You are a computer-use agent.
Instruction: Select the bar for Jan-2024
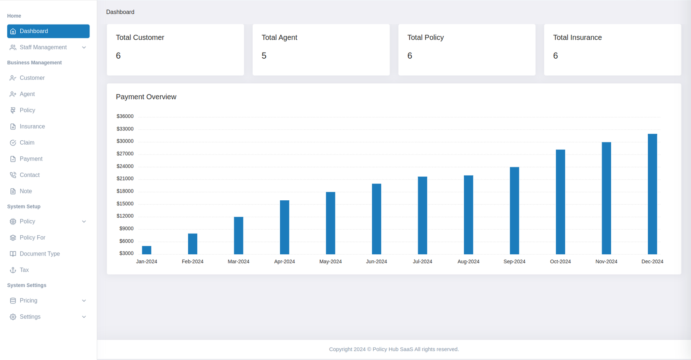[x=147, y=250]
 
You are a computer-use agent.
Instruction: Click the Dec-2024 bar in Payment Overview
[x=652, y=194]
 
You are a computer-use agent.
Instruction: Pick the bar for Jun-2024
[x=377, y=219]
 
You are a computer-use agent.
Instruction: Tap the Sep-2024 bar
[x=514, y=211]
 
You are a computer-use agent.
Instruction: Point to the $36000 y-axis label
[x=125, y=117]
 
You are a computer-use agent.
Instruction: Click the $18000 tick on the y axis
[x=125, y=191]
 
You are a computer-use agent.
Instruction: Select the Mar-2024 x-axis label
[x=238, y=262]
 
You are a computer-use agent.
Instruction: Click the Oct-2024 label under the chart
[x=560, y=262]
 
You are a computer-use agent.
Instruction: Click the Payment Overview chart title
[x=146, y=97]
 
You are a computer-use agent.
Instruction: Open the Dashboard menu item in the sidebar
[x=48, y=31]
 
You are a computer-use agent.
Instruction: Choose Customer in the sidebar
[x=32, y=78]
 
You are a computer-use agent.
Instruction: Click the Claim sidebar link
[x=27, y=143]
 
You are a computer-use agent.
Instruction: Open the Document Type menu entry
[x=40, y=254]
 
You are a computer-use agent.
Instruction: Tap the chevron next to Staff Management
[x=84, y=47]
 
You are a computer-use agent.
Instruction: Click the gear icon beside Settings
[x=13, y=317]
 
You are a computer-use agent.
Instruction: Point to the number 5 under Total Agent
[x=264, y=56]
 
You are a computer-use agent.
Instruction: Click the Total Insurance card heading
[x=577, y=38]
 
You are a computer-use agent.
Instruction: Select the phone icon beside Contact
[x=13, y=175]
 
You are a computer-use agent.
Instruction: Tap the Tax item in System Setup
[x=24, y=270]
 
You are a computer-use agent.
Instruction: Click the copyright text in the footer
[x=394, y=349]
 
